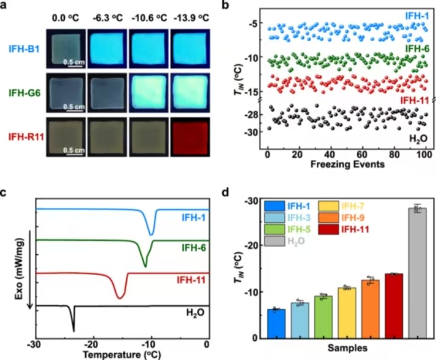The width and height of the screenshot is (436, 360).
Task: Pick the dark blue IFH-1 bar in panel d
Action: point(276,323)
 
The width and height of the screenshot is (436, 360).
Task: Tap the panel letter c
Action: point(5,192)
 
